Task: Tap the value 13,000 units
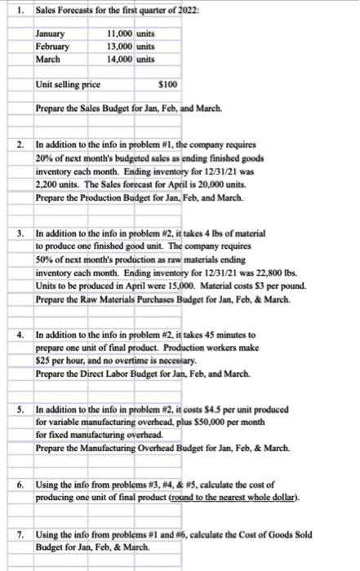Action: coord(131,47)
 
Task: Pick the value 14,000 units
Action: coord(131,60)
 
